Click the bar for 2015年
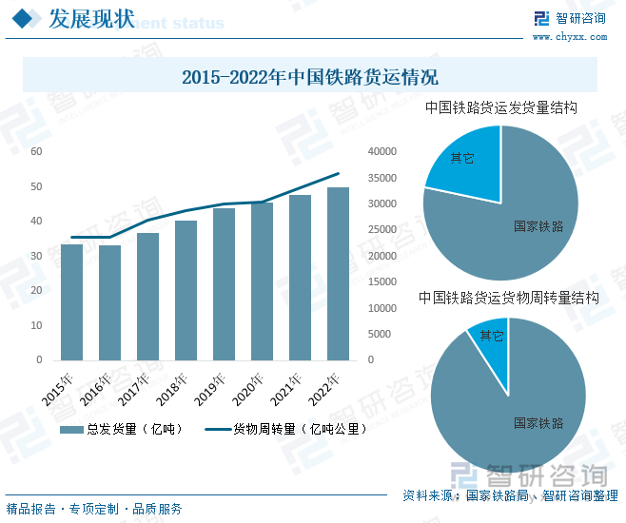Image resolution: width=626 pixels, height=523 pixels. coord(71,302)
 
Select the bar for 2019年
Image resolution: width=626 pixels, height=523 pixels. coord(224,284)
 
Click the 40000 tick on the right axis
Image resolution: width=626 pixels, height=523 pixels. coord(381,151)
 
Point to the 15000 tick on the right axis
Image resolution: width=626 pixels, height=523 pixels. coord(381,282)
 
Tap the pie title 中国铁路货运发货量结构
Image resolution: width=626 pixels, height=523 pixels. coord(501,108)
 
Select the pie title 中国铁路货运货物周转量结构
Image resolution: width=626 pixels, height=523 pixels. coord(509,298)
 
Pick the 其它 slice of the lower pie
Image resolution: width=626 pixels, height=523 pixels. coord(491,337)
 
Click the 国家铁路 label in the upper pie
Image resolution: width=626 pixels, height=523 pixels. coord(538,226)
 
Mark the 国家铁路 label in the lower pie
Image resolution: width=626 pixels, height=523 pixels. coord(538,422)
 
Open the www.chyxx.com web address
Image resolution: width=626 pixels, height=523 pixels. coord(569,37)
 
